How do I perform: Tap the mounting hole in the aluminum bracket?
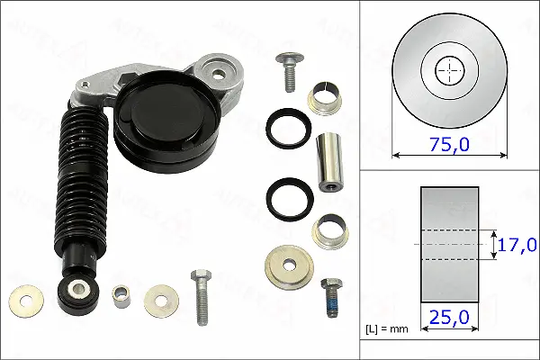point(216,67)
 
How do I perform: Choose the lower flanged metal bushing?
point(328,232)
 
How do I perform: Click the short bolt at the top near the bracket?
point(289,72)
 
